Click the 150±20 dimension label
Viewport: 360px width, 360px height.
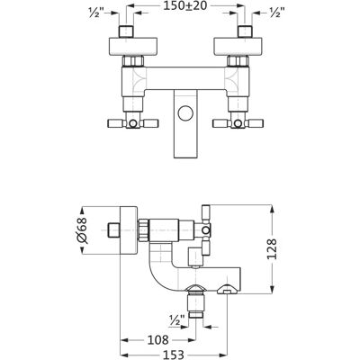[185, 5]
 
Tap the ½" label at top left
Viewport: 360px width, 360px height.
[96, 13]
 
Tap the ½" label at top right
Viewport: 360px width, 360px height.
[277, 13]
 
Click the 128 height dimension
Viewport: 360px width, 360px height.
[272, 248]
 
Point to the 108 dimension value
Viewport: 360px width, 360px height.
[157, 340]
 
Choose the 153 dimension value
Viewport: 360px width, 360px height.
[173, 355]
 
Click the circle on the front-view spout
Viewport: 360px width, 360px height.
[186, 113]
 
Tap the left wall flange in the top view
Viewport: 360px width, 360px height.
[132, 47]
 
